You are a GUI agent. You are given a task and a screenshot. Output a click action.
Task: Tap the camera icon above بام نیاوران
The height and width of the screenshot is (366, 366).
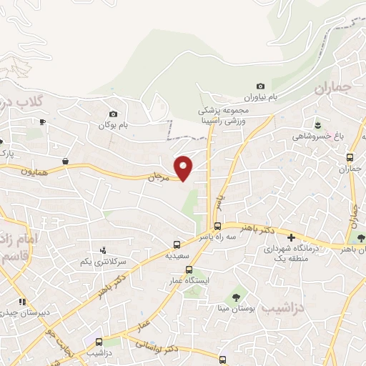[x=260, y=86]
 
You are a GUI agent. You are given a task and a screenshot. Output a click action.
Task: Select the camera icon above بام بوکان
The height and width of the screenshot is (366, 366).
[x=113, y=114]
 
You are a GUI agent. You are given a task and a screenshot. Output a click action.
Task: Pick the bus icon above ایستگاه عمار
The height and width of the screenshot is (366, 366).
[x=189, y=269]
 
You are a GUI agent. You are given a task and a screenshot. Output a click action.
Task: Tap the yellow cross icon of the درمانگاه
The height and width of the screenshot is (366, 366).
[x=291, y=237]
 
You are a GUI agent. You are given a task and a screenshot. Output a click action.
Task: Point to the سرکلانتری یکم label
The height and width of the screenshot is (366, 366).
[x=86, y=262]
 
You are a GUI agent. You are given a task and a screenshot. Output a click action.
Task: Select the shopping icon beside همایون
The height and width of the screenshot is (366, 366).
[x=66, y=162]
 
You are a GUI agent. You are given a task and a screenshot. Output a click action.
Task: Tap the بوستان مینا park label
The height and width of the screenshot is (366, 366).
[x=234, y=309]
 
